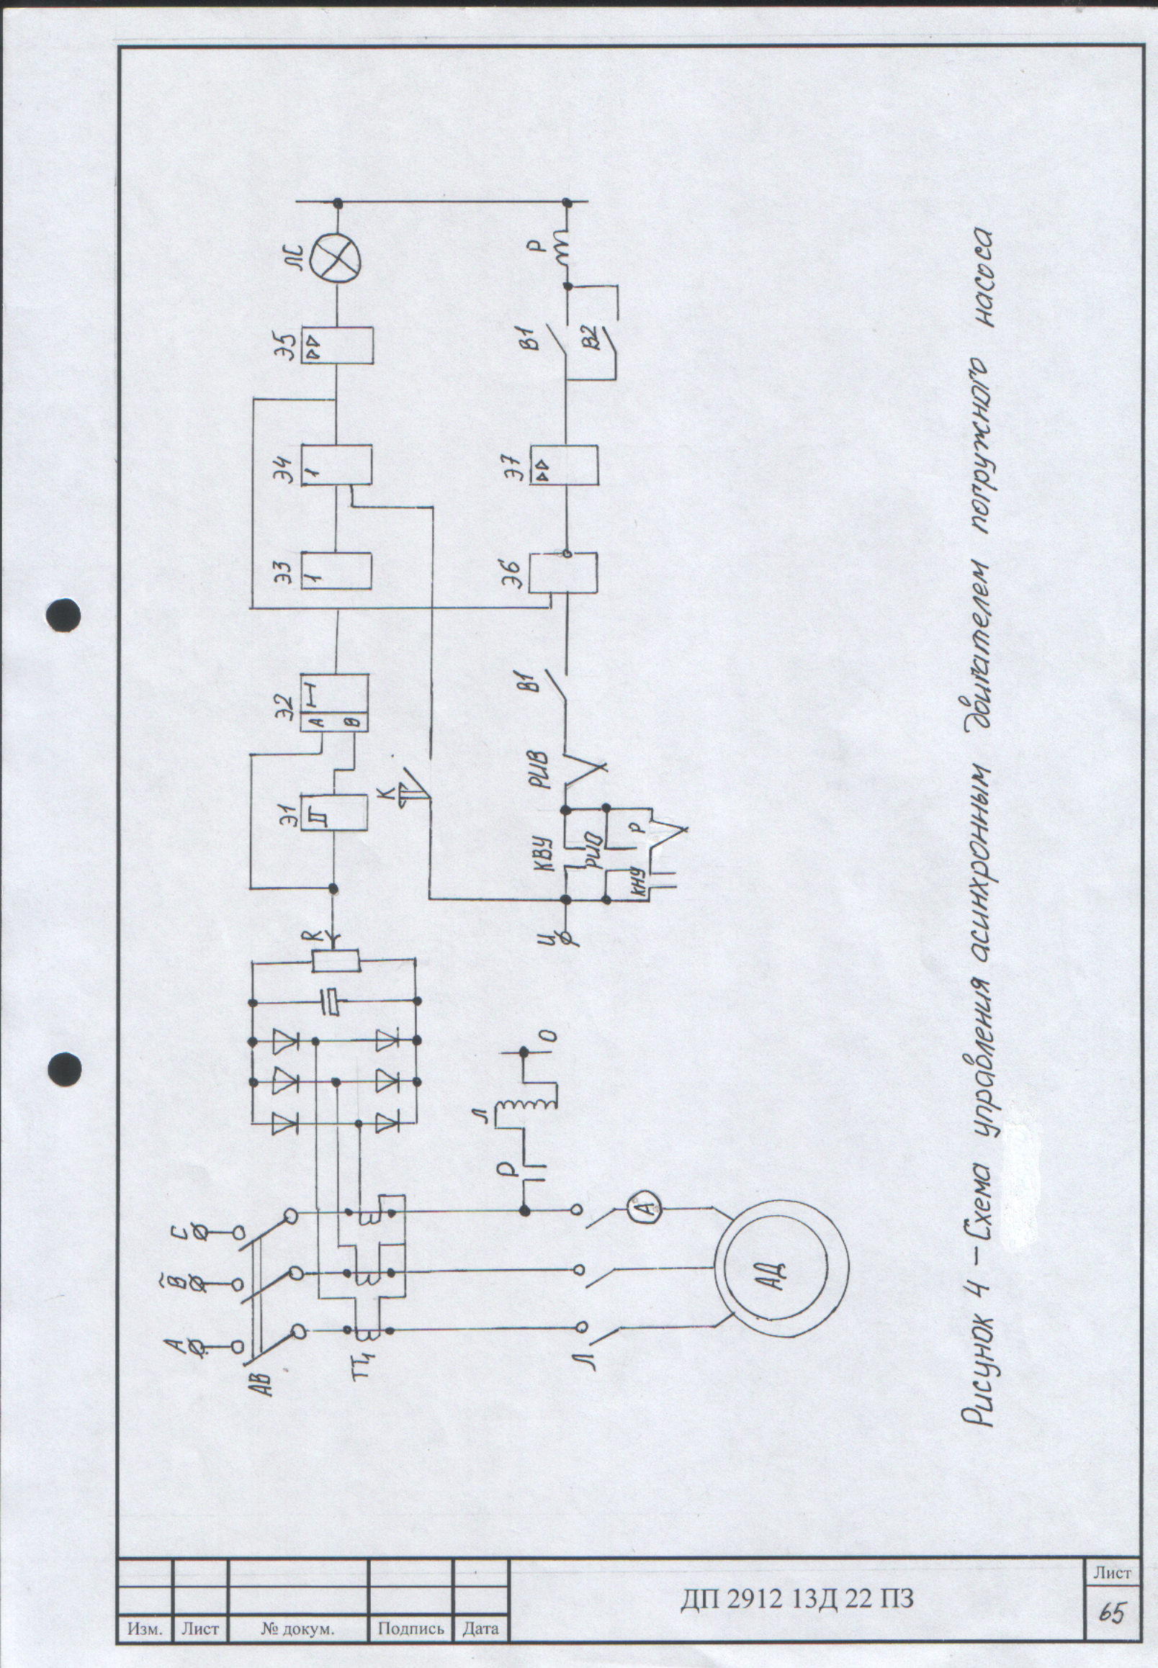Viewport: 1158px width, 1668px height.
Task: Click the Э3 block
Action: pyautogui.click(x=336, y=571)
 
